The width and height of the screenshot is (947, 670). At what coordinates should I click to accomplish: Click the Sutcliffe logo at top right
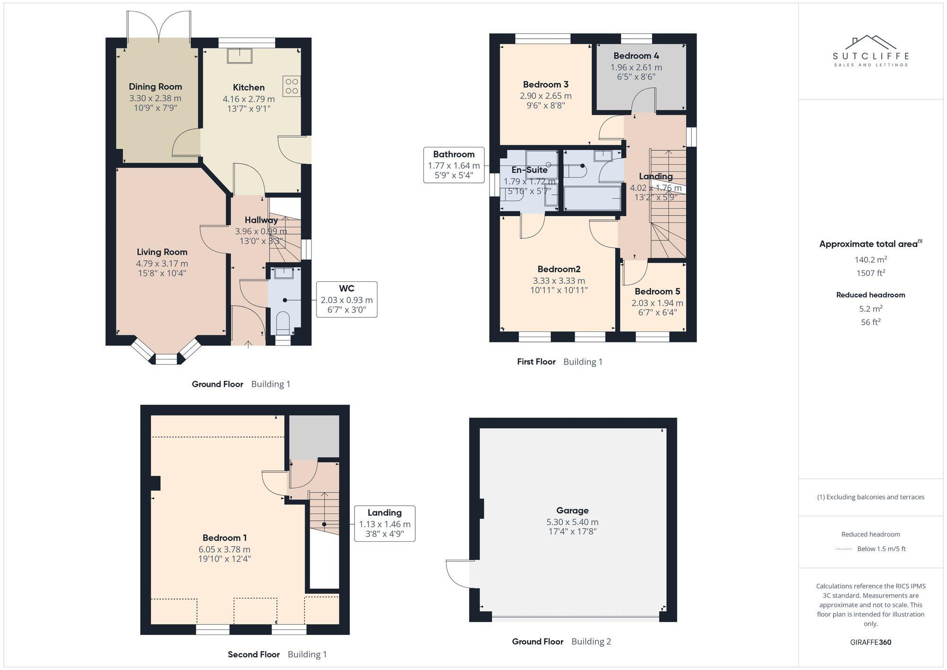pyautogui.click(x=870, y=51)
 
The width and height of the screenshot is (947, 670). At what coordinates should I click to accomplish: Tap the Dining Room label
pyautogui.click(x=155, y=87)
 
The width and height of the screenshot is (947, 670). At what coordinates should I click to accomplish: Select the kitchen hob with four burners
pyautogui.click(x=292, y=86)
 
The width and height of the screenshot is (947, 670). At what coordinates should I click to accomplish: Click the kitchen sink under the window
pyautogui.click(x=239, y=56)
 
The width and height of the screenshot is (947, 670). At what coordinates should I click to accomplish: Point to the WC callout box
pyautogui.click(x=347, y=299)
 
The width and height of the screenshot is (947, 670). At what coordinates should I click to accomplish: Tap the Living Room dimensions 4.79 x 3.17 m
pyautogui.click(x=162, y=264)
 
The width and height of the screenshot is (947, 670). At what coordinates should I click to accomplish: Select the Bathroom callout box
pyautogui.click(x=454, y=165)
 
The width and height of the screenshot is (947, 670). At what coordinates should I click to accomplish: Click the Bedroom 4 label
pyautogui.click(x=636, y=56)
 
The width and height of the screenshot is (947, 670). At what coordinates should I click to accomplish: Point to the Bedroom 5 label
pyautogui.click(x=657, y=291)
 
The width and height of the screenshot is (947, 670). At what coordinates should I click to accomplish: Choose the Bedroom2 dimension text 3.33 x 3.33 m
pyautogui.click(x=559, y=281)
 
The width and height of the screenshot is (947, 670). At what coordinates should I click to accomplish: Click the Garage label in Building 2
pyautogui.click(x=572, y=510)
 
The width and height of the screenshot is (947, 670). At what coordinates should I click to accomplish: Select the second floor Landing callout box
pyautogui.click(x=384, y=523)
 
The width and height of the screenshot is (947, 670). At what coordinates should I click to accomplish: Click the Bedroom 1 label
pyautogui.click(x=224, y=538)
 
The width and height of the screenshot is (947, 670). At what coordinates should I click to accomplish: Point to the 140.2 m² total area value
pyautogui.click(x=870, y=259)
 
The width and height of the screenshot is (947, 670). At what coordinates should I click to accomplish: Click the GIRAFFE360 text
pyautogui.click(x=870, y=643)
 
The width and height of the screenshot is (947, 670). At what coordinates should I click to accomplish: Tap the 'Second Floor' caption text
pyautogui.click(x=254, y=654)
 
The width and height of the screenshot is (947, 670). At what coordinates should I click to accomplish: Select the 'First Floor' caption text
pyautogui.click(x=536, y=362)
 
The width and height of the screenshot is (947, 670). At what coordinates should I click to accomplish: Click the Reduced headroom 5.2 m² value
pyautogui.click(x=870, y=309)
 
